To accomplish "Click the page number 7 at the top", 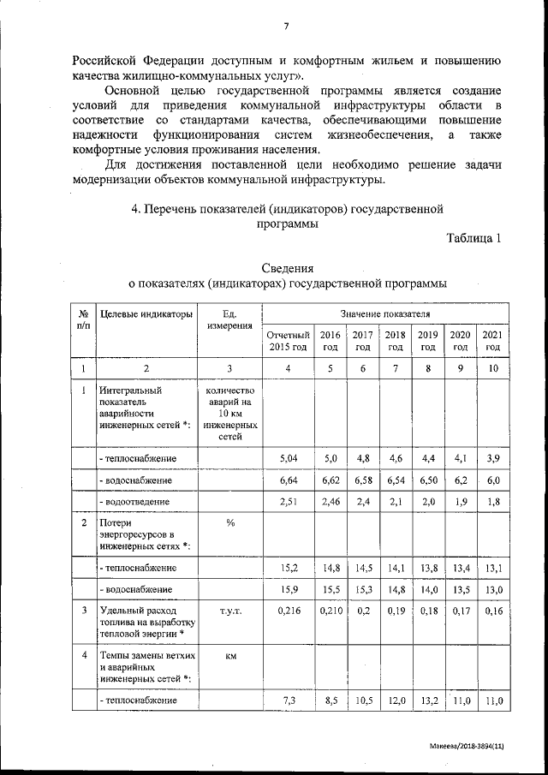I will (287, 27).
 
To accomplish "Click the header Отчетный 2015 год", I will (287, 341).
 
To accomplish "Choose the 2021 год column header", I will (492, 341).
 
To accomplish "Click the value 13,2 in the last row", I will (428, 700).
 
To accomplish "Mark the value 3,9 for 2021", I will (492, 460).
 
